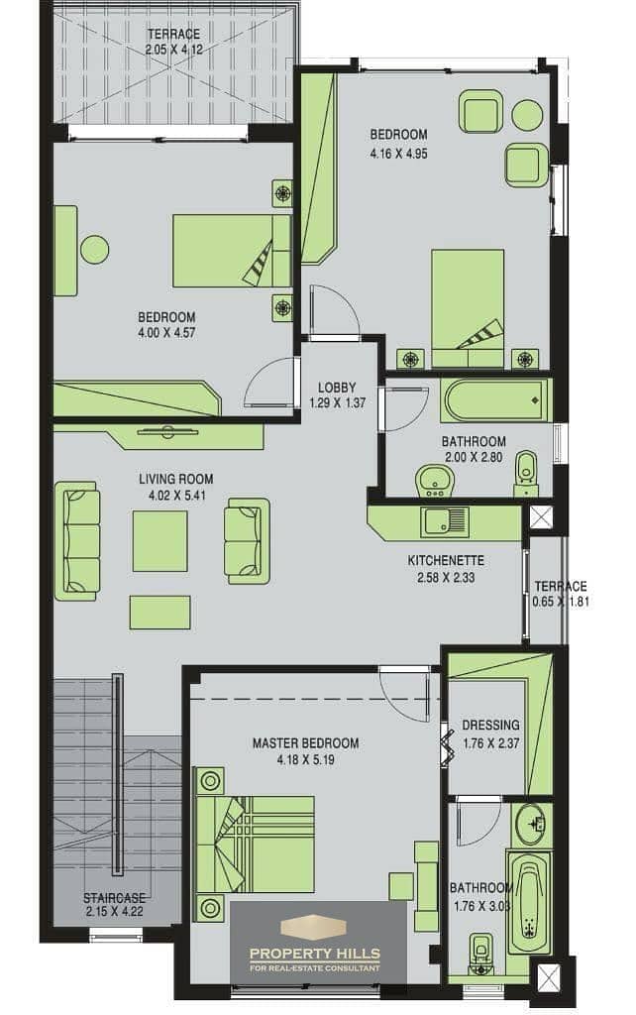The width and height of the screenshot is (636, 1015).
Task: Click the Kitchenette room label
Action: [445, 561]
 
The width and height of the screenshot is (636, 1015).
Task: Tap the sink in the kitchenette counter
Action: [445, 521]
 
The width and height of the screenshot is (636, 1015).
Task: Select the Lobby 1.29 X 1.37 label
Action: [337, 395]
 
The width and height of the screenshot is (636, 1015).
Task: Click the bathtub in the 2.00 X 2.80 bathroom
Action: [494, 400]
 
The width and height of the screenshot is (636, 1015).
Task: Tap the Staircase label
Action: [115, 898]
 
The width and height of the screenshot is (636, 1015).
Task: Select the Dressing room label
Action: [490, 725]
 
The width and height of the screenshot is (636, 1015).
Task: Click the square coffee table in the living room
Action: [159, 541]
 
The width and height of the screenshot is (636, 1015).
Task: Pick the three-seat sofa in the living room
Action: [77, 540]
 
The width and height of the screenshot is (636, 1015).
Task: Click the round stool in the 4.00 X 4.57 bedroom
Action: [94, 249]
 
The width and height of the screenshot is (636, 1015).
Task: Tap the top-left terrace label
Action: [173, 34]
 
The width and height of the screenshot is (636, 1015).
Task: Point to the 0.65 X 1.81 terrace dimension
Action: [561, 602]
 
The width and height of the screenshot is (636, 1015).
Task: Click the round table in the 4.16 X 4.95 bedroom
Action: [527, 116]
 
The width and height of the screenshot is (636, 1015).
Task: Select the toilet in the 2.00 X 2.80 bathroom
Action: [527, 473]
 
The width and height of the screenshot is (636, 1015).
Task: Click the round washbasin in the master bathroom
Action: [531, 824]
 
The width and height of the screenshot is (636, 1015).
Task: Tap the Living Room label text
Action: [176, 480]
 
